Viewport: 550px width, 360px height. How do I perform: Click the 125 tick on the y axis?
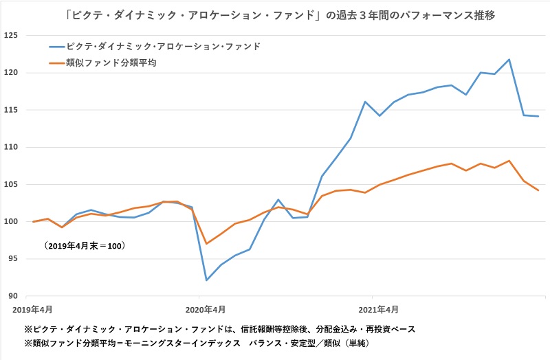point(12,36)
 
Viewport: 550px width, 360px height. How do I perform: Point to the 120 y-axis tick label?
point(12,73)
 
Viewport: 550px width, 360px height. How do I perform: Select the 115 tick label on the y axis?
point(12,110)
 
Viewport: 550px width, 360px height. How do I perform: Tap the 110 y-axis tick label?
point(12,148)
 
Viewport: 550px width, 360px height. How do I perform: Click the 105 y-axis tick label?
point(12,185)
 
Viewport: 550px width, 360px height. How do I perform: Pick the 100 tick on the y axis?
point(12,222)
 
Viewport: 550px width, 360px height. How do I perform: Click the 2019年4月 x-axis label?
point(34,309)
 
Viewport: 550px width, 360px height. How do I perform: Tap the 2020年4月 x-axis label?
point(206,309)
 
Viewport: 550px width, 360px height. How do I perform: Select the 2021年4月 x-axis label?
point(378,309)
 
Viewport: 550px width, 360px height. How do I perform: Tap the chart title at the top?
point(275,14)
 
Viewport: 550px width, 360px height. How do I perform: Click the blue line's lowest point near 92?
point(206,280)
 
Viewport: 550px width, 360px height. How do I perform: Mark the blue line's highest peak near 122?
point(509,60)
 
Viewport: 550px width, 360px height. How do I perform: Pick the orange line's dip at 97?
point(206,243)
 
